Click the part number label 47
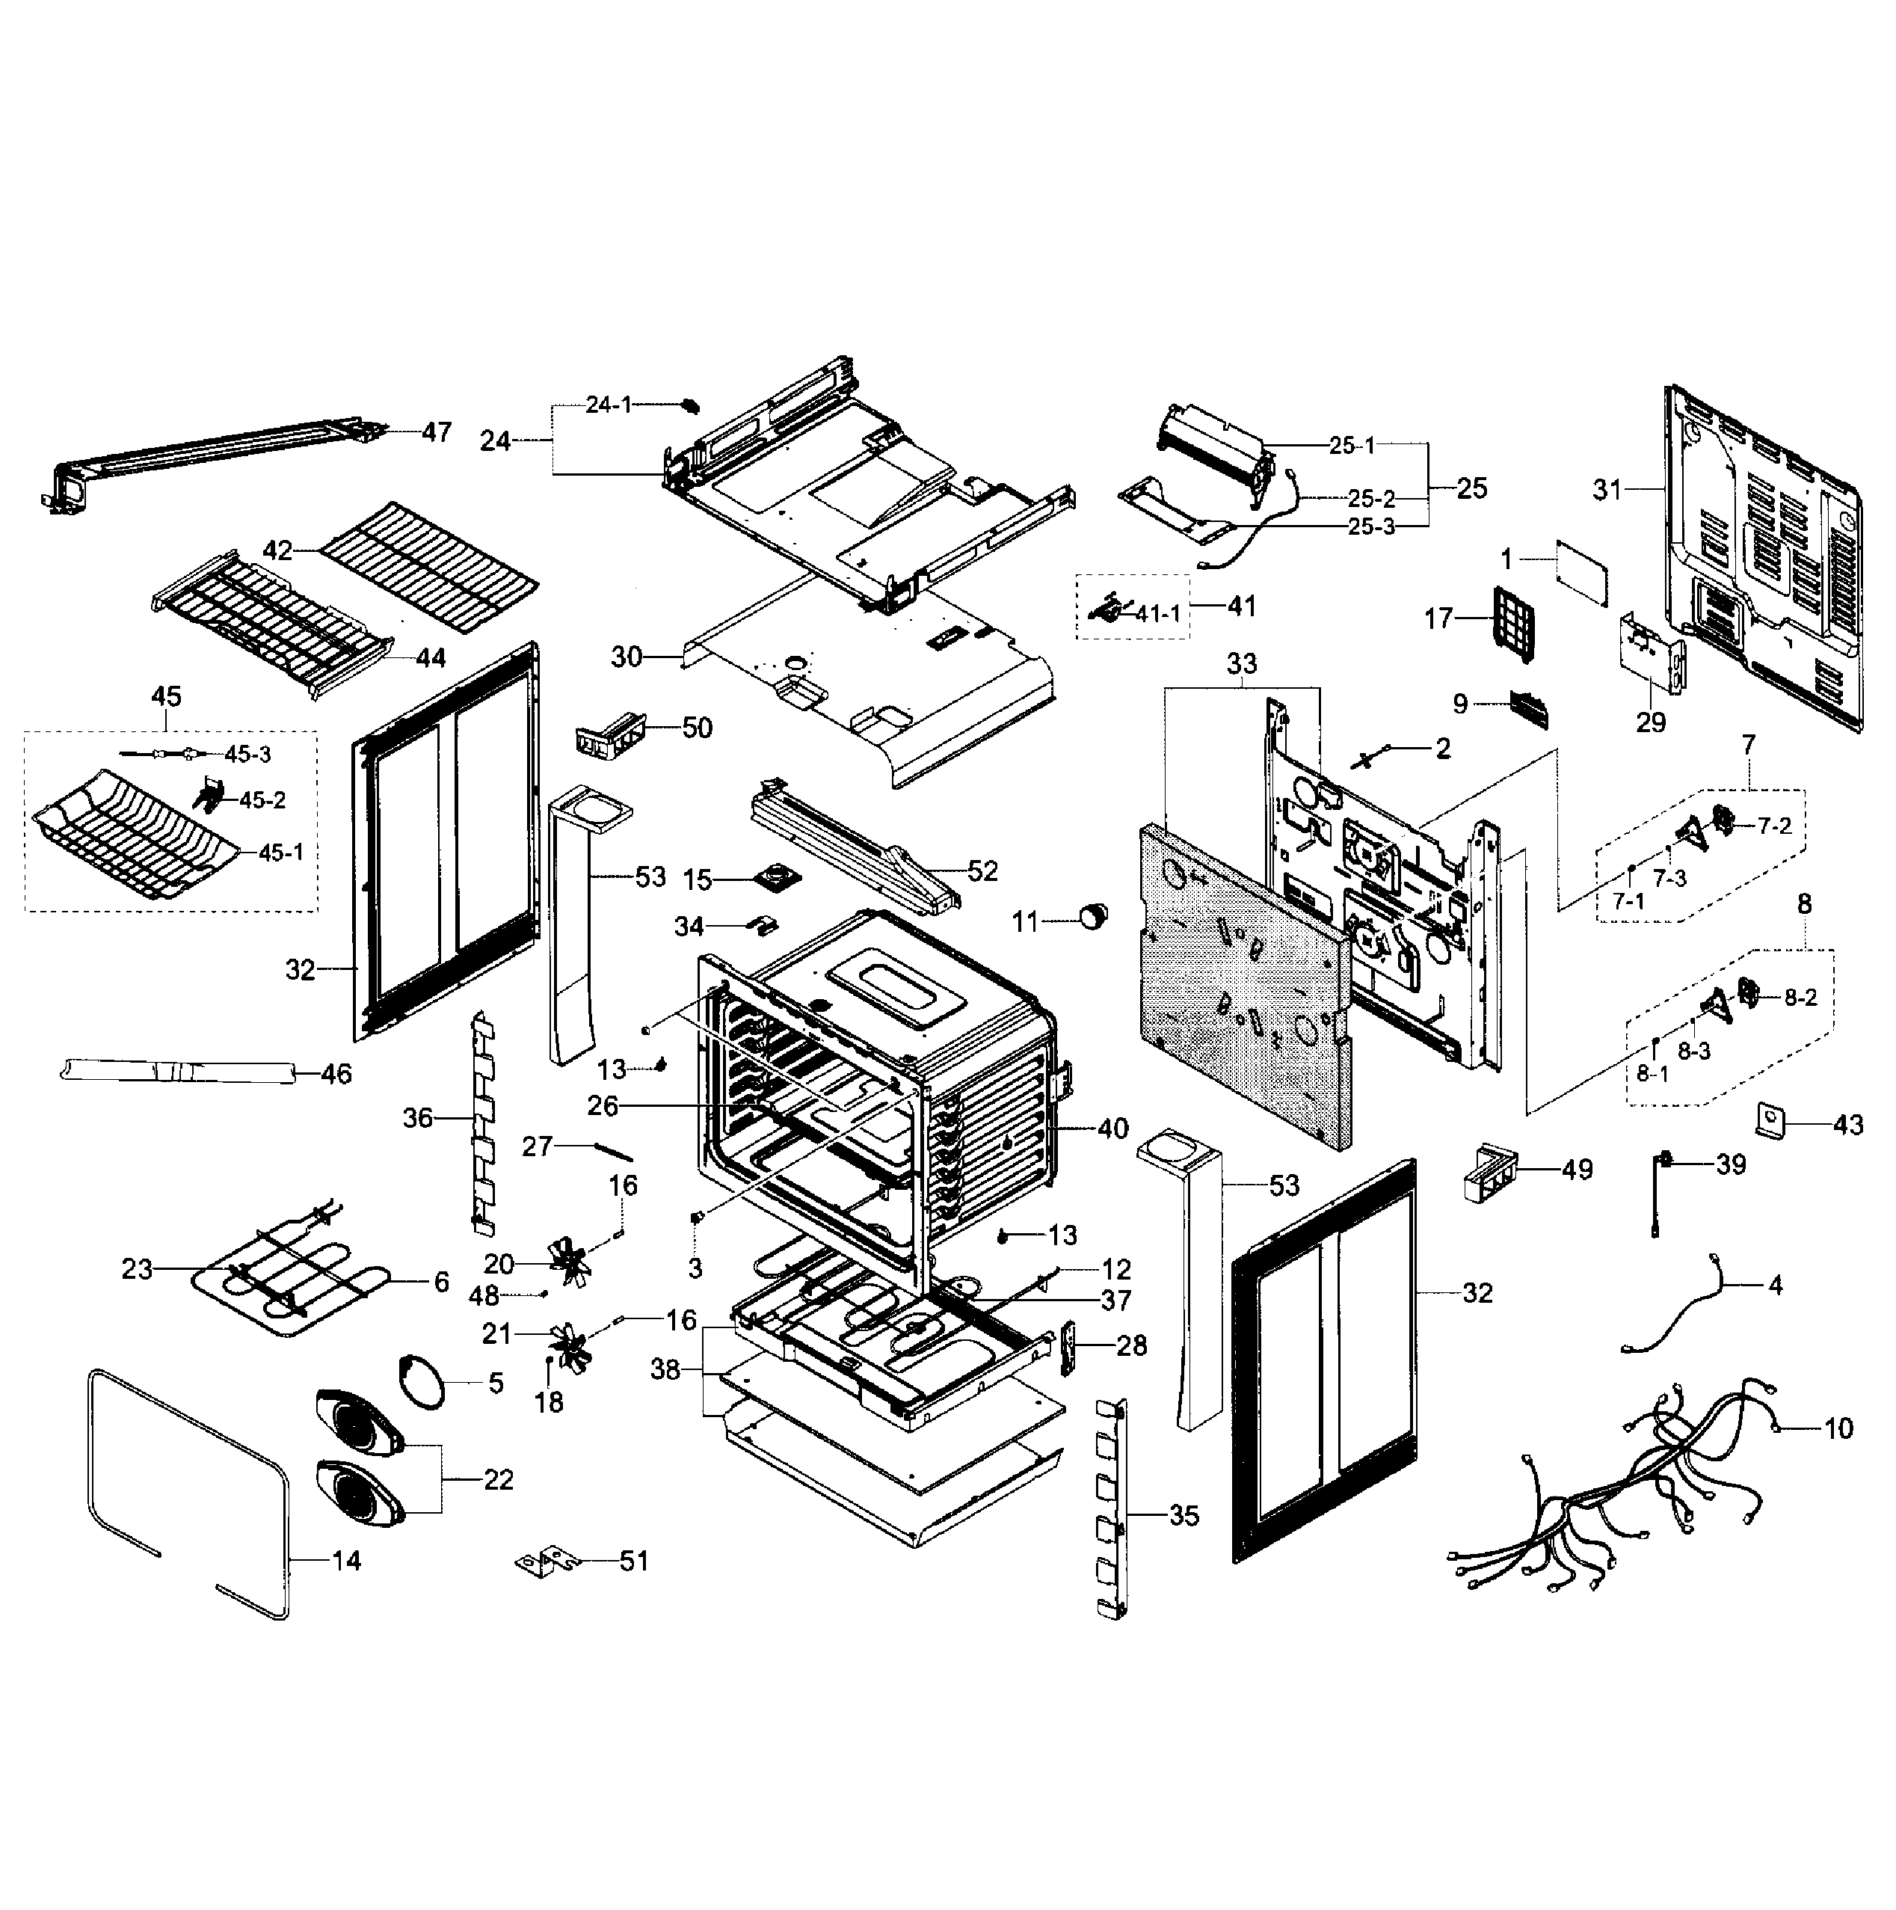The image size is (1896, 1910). click(436, 432)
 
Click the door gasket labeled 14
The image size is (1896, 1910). click(188, 1493)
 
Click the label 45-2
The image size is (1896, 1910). click(262, 799)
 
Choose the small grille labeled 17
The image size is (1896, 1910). click(1512, 624)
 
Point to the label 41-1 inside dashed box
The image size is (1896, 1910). click(1157, 614)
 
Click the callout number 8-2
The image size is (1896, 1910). click(1800, 998)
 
